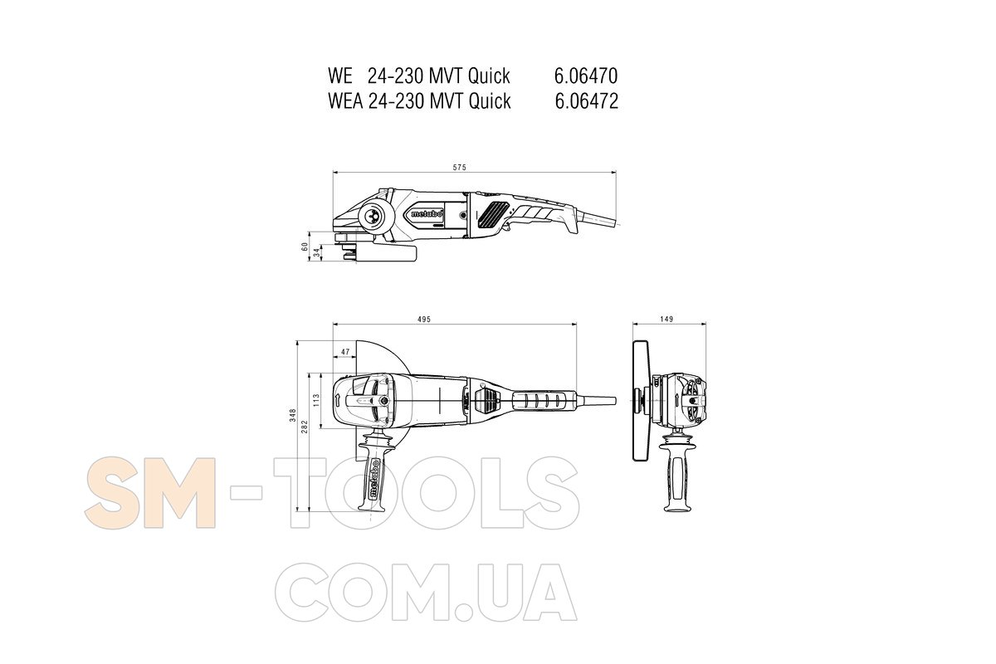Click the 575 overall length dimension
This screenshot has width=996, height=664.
click(459, 168)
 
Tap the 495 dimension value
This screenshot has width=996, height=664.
click(424, 320)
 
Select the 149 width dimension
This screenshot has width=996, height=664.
click(666, 319)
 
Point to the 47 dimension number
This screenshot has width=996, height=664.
click(345, 352)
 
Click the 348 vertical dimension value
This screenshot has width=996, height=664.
click(292, 415)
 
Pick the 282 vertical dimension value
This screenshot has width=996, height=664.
click(305, 427)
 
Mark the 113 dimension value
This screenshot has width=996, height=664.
click(316, 400)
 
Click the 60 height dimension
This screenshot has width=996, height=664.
click(305, 246)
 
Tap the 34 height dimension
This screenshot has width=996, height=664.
click(316, 252)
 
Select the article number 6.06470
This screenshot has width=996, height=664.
click(586, 76)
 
